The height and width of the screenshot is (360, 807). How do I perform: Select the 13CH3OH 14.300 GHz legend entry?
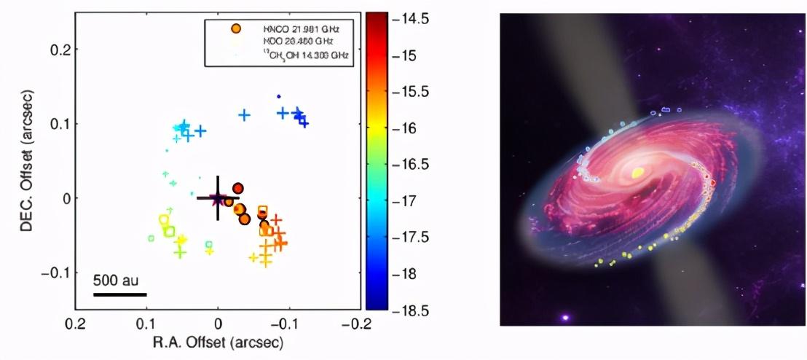point(301,55)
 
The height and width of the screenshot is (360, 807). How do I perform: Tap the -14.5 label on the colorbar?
point(411,20)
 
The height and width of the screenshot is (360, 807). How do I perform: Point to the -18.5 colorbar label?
point(411,310)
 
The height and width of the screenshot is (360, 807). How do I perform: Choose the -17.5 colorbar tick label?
point(411,238)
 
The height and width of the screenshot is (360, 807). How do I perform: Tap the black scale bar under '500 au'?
point(120,294)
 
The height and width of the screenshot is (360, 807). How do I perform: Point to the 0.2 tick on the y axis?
point(58,49)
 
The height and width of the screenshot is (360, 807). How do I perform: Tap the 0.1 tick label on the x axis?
point(147,324)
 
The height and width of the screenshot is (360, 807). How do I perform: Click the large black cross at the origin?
point(218,197)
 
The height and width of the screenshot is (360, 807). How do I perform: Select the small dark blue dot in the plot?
point(278,96)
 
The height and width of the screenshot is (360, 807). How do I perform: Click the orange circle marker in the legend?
point(235,28)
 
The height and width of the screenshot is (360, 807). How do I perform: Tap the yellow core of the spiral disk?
point(638,173)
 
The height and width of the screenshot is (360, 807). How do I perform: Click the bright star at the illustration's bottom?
point(564,318)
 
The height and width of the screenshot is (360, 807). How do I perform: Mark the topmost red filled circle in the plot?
point(237,188)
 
